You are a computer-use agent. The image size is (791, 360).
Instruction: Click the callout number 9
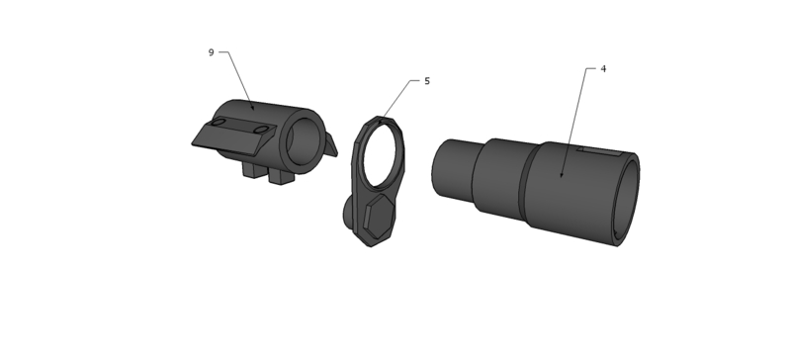click(x=211, y=52)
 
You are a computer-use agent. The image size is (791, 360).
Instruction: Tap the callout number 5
click(x=427, y=81)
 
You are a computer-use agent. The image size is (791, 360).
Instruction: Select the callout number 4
click(x=603, y=68)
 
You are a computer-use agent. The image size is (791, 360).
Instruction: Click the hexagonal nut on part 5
click(x=379, y=217)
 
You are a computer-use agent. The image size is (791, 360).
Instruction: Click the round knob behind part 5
click(x=349, y=213)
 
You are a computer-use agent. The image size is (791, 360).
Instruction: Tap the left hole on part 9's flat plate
click(x=218, y=123)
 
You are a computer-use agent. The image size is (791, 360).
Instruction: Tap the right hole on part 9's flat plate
click(x=261, y=131)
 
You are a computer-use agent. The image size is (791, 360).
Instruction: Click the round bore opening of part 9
click(x=305, y=141)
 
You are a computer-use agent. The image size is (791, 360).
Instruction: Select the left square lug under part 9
click(x=254, y=170)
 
